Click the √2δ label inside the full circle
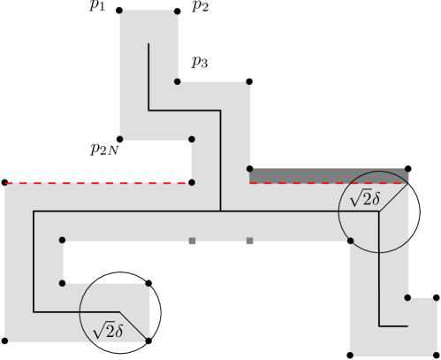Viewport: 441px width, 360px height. pyautogui.click(x=364, y=201)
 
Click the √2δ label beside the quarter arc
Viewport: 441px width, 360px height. pyautogui.click(x=109, y=330)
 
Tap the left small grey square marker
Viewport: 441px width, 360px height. pyautogui.click(x=192, y=241)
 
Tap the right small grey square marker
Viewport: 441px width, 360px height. pyautogui.click(x=250, y=241)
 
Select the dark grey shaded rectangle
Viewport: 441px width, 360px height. pyautogui.click(x=328, y=175)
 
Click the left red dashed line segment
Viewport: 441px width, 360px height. pyautogui.click(x=97, y=183)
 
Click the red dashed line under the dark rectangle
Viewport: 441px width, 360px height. pyautogui.click(x=327, y=183)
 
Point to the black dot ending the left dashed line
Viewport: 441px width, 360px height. pyautogui.click(x=192, y=183)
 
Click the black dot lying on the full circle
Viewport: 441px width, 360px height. pyautogui.click(x=351, y=241)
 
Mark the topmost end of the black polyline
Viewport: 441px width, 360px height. pyautogui.click(x=148, y=41)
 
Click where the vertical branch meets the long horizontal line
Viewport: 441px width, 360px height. pyautogui.click(x=221, y=212)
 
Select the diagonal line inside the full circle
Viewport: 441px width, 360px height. pyautogui.click(x=394, y=198)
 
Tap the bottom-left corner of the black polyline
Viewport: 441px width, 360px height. pyautogui.click(x=34, y=311)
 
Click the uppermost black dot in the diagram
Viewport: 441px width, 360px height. pyautogui.click(x=178, y=81)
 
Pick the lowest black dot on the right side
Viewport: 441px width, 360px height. pyautogui.click(x=407, y=298)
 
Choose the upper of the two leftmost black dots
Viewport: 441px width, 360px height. pyautogui.click(x=62, y=241)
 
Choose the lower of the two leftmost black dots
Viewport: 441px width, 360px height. pyautogui.click(x=62, y=283)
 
